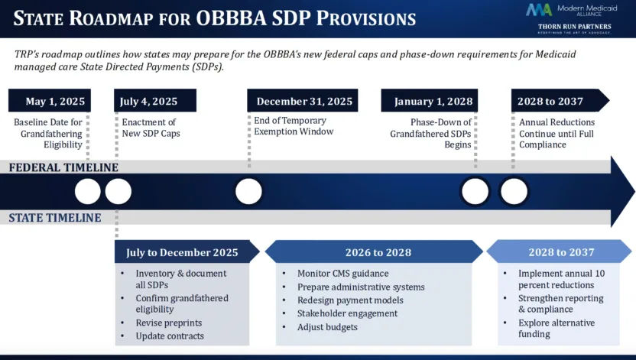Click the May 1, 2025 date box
tap(50, 101)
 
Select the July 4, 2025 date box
tap(155, 101)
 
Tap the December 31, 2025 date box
tap(303, 101)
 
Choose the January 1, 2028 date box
tap(430, 101)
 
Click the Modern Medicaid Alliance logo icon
tap(539, 9)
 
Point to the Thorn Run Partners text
tap(574, 27)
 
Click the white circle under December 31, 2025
tap(248, 191)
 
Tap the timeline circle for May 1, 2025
tap(88, 191)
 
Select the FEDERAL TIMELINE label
tap(63, 167)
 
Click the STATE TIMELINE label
tap(55, 218)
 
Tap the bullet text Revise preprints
tap(169, 323)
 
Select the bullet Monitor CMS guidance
tap(342, 273)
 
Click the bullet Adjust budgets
tap(327, 327)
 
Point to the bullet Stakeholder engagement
tap(347, 313)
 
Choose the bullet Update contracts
tap(170, 336)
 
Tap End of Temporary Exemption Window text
tap(294, 125)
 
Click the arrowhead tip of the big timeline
tap(634, 191)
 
